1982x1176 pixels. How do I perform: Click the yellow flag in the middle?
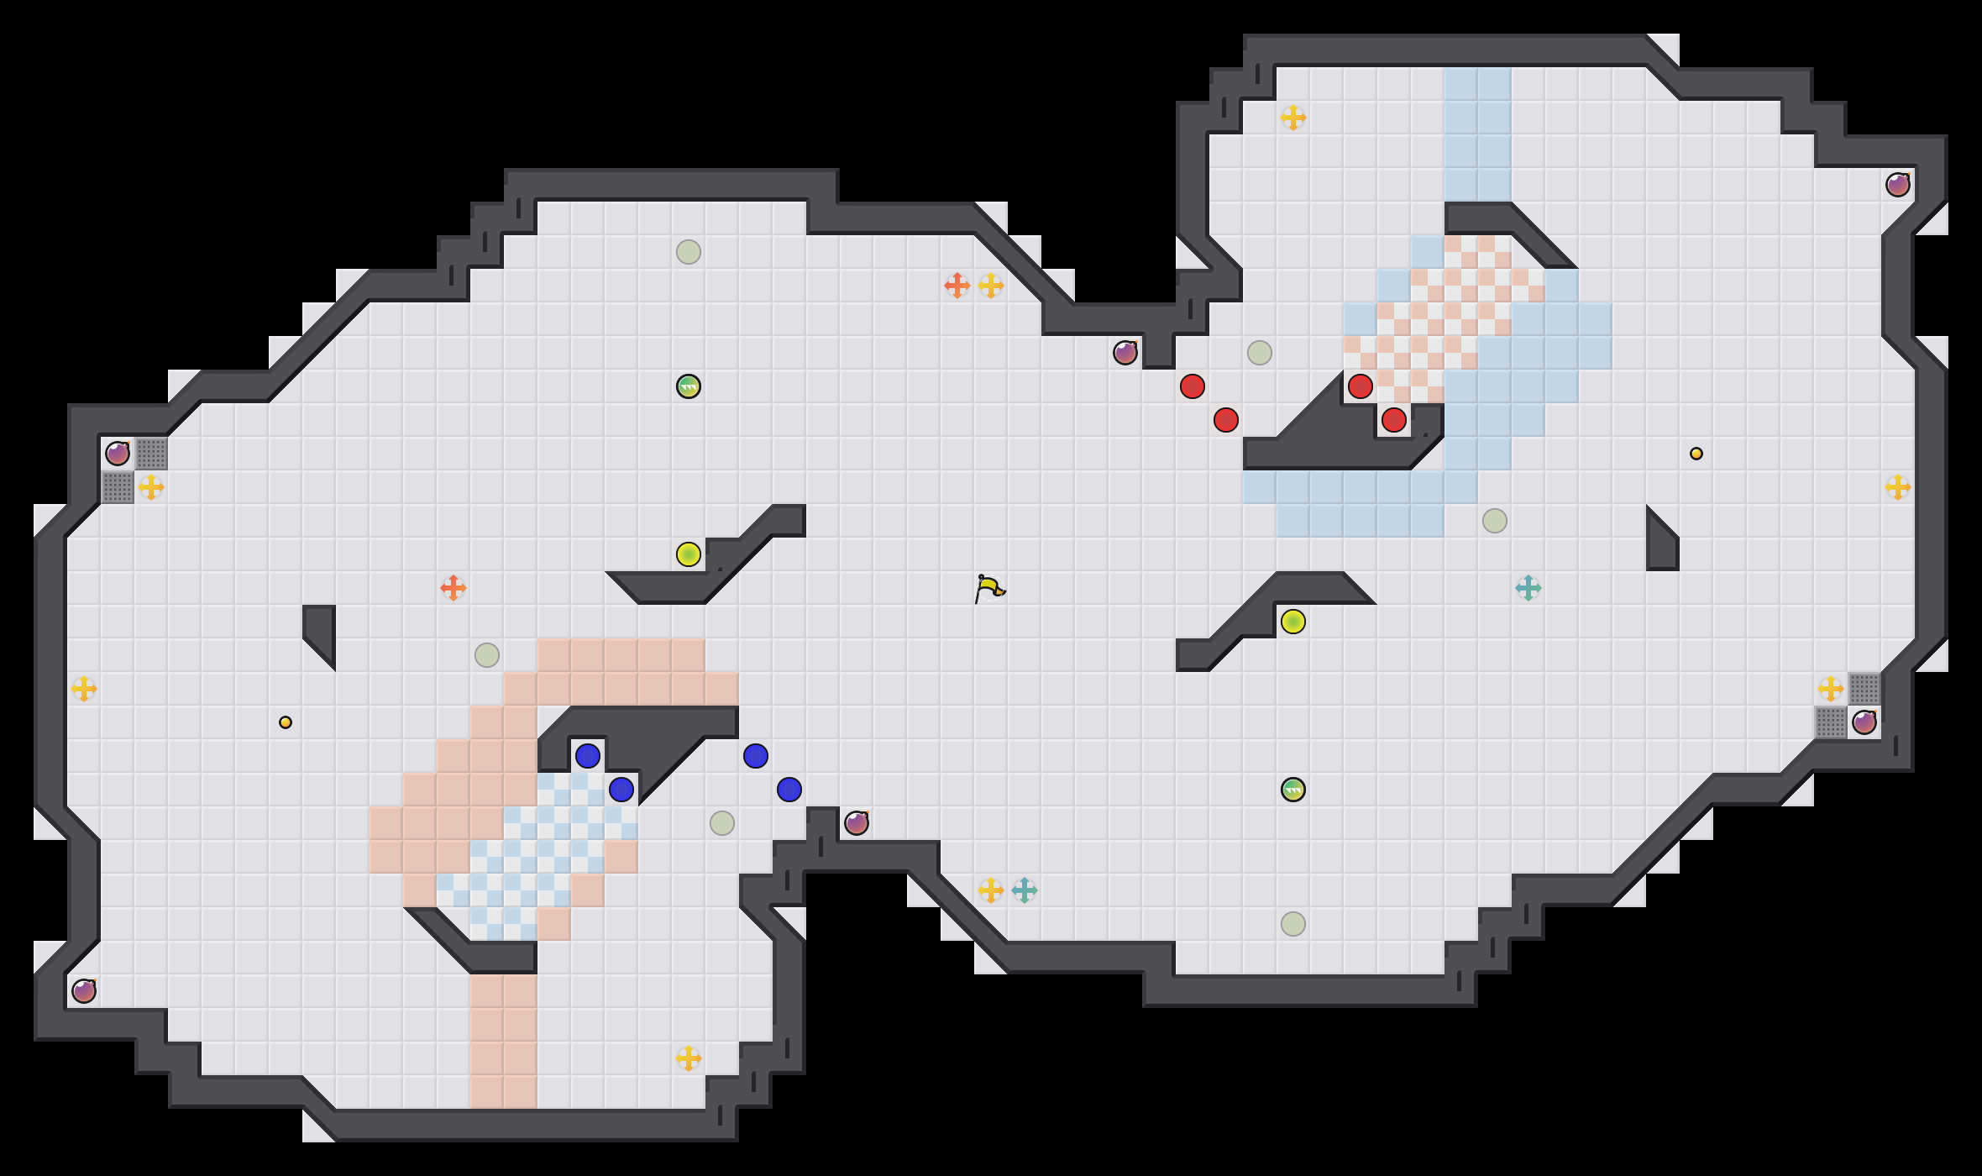(989, 587)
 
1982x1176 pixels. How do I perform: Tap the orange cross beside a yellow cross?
(957, 286)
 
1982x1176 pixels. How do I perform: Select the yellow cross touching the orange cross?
(991, 286)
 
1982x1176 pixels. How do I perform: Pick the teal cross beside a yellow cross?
(1025, 890)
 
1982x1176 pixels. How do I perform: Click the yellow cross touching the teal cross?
(991, 890)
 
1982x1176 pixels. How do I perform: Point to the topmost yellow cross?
(1293, 118)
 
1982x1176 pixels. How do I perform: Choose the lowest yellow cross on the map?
(689, 1058)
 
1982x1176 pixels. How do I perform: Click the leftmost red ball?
(1193, 386)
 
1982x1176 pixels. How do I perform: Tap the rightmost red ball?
(1394, 420)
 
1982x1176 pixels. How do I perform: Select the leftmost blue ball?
(588, 756)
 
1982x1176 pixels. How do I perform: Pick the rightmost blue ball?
(789, 790)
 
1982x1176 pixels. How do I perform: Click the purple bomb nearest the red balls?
(1125, 353)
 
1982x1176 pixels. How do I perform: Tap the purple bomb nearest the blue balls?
(857, 823)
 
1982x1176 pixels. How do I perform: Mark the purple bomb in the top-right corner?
(1898, 185)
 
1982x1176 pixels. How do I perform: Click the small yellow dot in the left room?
(286, 722)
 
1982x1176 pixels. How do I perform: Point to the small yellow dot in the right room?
(1696, 454)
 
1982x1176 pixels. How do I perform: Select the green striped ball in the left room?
(689, 386)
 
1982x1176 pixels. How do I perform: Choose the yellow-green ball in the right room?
(1293, 622)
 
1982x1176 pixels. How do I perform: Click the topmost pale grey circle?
(689, 252)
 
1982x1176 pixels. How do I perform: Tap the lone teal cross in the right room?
(1528, 588)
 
